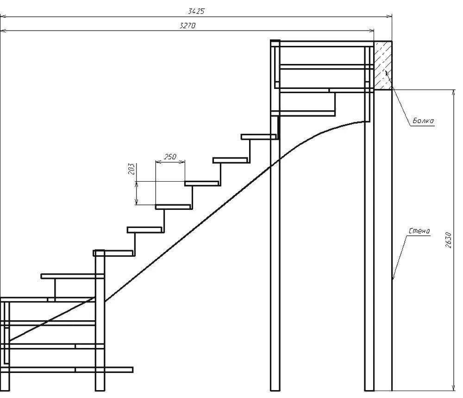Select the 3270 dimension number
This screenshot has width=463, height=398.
(x=188, y=26)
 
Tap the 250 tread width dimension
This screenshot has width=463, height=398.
(x=170, y=157)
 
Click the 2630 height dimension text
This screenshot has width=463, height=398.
(x=448, y=240)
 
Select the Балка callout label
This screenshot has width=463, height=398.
(x=423, y=121)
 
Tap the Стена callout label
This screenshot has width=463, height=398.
(x=419, y=231)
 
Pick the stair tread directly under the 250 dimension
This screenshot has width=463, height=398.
(x=173, y=207)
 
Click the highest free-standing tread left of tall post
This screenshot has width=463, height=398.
(x=259, y=137)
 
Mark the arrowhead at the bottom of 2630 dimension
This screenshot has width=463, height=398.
(x=452, y=387)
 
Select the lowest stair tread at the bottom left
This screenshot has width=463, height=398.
(x=104, y=369)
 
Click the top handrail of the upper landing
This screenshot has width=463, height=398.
(x=324, y=44)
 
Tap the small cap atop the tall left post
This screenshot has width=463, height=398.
(x=275, y=43)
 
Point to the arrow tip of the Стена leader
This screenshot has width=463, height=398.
(x=393, y=279)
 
